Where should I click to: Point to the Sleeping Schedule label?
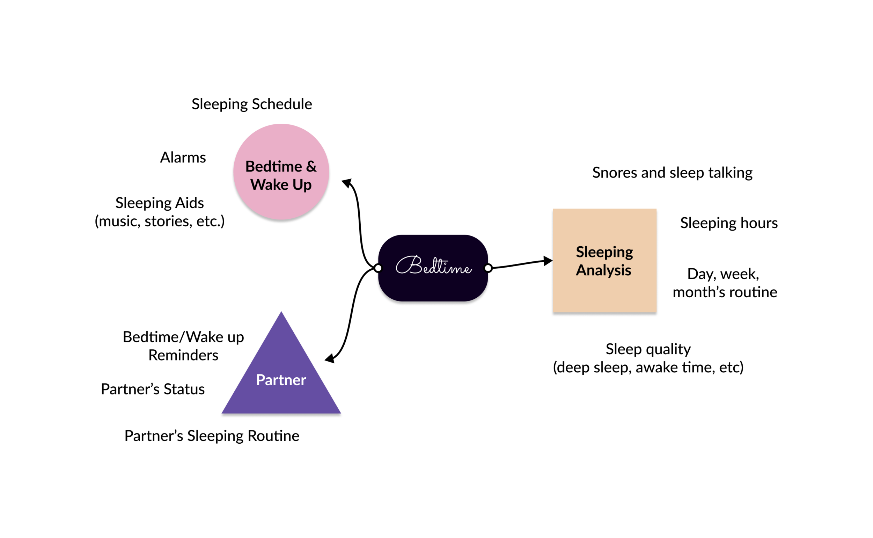click(x=252, y=104)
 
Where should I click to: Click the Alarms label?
click(x=183, y=158)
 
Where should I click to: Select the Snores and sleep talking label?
click(x=672, y=173)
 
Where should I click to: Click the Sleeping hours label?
click(x=729, y=223)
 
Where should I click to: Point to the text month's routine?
click(x=725, y=292)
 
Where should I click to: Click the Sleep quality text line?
click(x=648, y=349)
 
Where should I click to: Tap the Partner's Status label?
click(x=153, y=389)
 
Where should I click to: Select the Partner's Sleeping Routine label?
click(x=212, y=436)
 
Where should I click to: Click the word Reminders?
click(x=183, y=355)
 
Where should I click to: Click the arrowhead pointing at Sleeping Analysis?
click(x=548, y=261)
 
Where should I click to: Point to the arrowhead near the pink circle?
click(x=347, y=183)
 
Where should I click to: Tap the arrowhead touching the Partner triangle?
click(x=330, y=358)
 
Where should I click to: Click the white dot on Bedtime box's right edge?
click(x=488, y=268)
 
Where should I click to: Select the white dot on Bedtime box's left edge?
click(x=378, y=268)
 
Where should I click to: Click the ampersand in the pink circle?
click(x=311, y=167)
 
